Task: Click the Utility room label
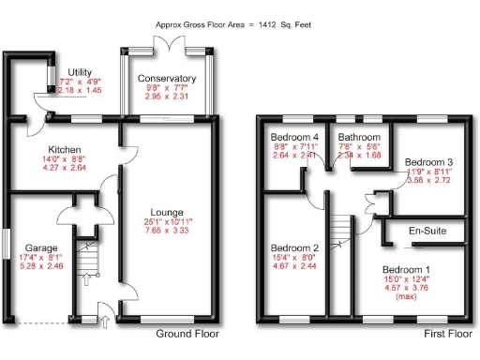click(79, 71)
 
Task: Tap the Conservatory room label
click(166, 79)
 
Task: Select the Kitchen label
click(66, 150)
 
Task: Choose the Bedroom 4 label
click(291, 137)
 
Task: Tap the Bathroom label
click(359, 137)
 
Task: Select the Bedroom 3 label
click(427, 162)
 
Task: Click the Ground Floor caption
click(187, 334)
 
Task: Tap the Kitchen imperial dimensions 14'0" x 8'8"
click(66, 160)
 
